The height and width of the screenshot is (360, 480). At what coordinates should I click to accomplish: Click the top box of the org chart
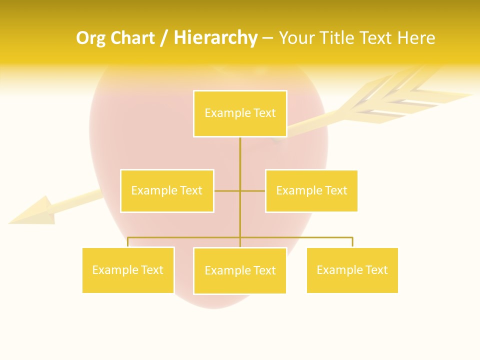240,113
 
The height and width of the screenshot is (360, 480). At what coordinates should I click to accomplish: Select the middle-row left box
167,190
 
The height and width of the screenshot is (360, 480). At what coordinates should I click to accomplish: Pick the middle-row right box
311,190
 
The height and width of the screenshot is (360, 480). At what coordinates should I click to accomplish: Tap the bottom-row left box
128,270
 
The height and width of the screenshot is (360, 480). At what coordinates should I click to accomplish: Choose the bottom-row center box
240,270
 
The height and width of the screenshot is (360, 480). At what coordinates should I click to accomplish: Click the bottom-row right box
352,270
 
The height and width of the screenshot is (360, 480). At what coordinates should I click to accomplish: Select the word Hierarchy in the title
215,38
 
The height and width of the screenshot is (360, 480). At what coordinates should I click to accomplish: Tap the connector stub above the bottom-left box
128,242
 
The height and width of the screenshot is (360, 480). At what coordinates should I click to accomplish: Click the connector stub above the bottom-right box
352,242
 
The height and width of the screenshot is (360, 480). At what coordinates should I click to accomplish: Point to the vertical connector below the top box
240,160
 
